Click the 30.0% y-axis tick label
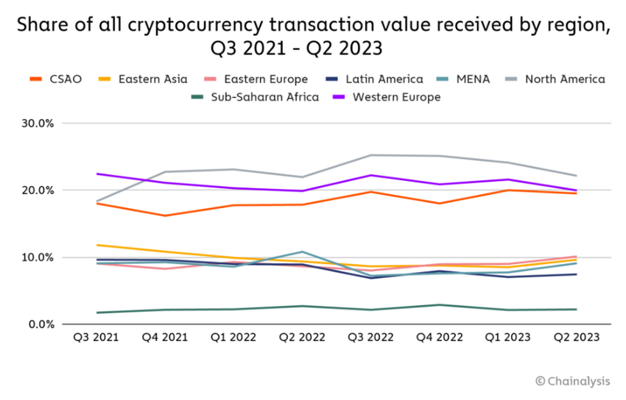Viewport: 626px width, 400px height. coord(36,124)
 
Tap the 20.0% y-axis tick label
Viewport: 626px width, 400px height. coord(36,190)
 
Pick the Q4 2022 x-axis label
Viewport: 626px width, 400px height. coord(440,337)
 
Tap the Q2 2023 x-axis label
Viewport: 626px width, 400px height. coord(576,337)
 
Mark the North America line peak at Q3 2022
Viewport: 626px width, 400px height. coord(370,155)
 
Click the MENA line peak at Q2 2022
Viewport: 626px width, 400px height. coord(301,251)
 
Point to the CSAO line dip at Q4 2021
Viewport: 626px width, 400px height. coord(164,215)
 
